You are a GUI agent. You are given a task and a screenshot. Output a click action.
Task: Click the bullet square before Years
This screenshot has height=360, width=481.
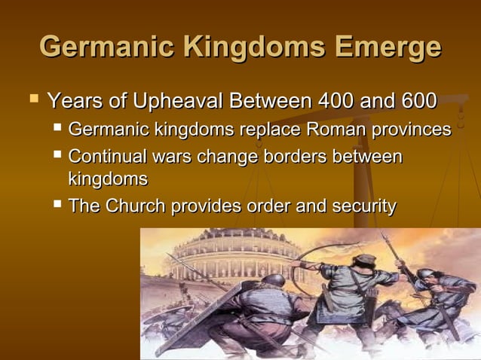(x=32, y=98)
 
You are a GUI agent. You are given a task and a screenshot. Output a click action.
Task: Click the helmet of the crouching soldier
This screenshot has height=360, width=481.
(x=273, y=281)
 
